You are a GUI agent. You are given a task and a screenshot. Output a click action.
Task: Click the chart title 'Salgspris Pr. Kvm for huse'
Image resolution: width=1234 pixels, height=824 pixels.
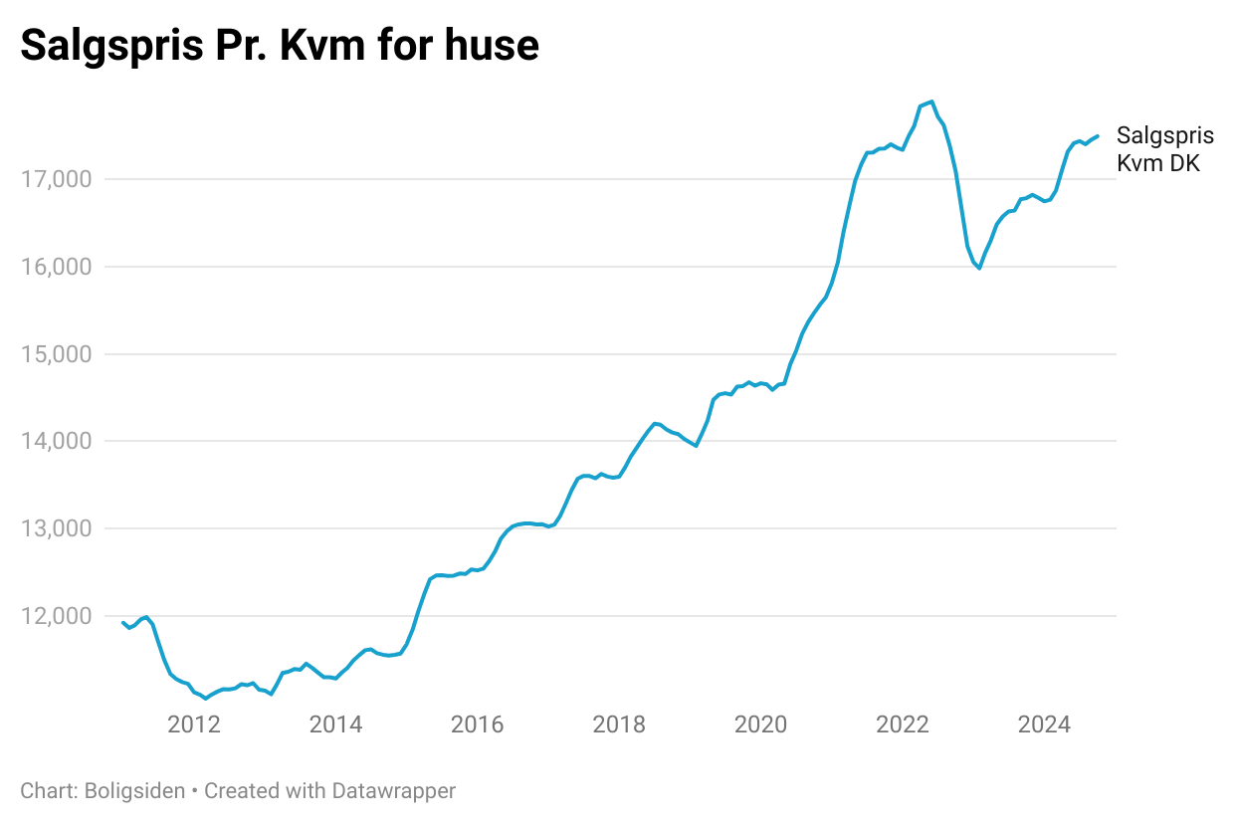[280, 46]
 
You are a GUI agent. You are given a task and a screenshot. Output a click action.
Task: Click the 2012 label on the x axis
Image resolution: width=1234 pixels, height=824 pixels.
[193, 724]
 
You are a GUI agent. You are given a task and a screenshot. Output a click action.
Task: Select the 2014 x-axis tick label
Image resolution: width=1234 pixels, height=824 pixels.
[335, 724]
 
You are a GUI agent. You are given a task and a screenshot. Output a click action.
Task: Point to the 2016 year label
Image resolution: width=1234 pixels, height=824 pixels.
[477, 724]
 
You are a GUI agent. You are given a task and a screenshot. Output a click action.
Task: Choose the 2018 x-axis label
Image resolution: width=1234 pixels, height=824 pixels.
[619, 724]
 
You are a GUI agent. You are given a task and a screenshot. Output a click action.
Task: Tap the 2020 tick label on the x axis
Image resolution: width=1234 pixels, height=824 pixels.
[760, 724]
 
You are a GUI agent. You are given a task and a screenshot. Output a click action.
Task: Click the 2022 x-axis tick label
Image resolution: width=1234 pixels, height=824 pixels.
[903, 724]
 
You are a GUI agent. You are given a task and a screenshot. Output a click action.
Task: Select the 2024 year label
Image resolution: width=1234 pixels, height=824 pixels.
[1044, 724]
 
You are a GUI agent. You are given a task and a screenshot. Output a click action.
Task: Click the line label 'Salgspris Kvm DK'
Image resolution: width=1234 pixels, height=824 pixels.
[1164, 149]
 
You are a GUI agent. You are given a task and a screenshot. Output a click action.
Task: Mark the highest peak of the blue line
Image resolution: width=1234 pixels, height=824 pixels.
[931, 102]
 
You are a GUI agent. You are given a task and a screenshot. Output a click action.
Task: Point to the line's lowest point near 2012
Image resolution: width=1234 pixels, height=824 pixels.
[206, 699]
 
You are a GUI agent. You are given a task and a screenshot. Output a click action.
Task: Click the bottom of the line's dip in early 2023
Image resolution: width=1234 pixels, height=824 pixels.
[979, 268]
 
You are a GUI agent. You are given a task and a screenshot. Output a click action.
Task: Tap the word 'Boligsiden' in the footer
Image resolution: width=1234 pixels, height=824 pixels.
[135, 791]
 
